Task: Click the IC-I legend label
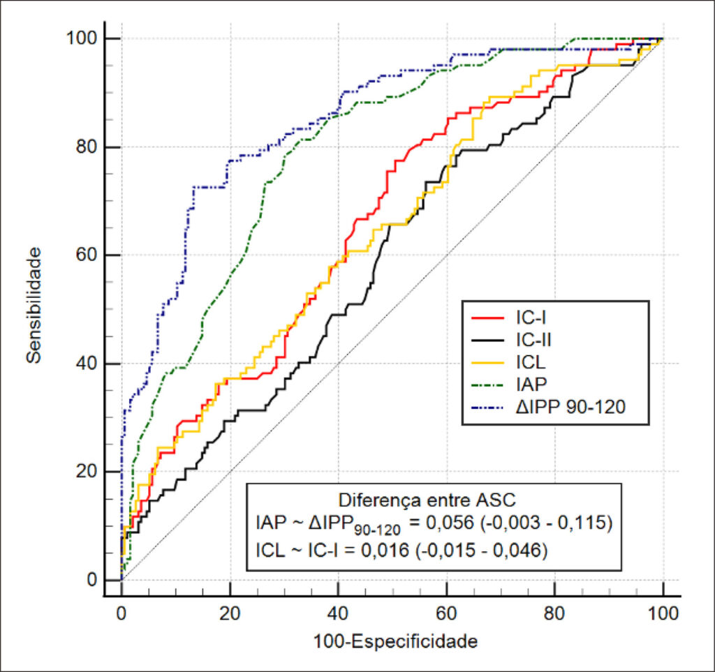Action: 531,318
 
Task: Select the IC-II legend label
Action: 533,340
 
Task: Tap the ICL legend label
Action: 531,362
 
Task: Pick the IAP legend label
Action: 531,384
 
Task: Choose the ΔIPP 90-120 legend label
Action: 570,407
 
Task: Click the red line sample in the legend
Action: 487,318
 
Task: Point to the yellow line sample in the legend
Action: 487,363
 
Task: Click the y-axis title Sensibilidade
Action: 34,305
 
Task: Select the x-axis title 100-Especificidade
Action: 395,642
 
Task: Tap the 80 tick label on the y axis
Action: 87,147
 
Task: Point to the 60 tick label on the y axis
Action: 87,255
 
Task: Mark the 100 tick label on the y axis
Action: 82,38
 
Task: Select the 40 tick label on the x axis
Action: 338,613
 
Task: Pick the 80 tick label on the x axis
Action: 554,613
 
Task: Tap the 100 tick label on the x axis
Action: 663,613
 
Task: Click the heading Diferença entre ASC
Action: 427,500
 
